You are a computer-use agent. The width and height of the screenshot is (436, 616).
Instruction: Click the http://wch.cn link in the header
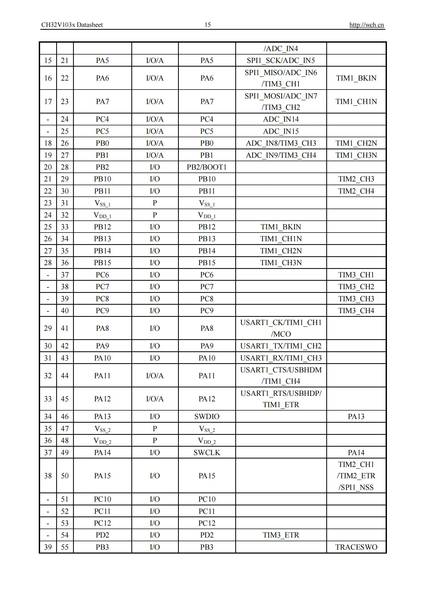tap(366, 25)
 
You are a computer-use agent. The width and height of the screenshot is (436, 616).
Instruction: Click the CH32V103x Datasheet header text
tap(72, 25)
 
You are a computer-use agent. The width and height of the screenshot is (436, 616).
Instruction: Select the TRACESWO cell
tap(356, 547)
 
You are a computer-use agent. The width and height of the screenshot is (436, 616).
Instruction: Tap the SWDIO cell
tap(207, 416)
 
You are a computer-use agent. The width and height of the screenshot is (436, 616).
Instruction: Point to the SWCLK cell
tap(207, 452)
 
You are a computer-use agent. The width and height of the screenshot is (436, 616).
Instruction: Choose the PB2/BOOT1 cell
tap(207, 167)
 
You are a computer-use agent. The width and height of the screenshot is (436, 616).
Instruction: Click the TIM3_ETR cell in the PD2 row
tap(281, 535)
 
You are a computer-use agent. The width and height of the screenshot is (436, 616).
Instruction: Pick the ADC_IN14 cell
tap(281, 119)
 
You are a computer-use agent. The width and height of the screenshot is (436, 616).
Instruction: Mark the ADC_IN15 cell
tap(281, 131)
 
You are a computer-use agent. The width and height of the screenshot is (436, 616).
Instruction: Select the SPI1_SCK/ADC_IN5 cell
tap(281, 60)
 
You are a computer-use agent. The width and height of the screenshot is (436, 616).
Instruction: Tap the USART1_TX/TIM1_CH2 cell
tap(281, 346)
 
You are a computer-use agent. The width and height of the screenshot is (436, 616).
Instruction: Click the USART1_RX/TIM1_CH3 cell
tap(281, 358)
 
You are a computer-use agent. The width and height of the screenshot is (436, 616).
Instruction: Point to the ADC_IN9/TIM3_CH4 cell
tap(281, 155)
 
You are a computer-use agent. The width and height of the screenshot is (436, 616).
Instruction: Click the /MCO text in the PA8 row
tap(281, 334)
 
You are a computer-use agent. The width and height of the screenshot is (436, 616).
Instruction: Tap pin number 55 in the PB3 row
tap(65, 547)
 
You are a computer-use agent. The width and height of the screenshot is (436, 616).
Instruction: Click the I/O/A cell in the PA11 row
tap(155, 376)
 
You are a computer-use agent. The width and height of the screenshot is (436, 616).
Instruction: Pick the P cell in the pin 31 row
tap(155, 203)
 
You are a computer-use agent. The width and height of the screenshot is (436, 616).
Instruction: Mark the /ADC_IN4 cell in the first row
tap(281, 48)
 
